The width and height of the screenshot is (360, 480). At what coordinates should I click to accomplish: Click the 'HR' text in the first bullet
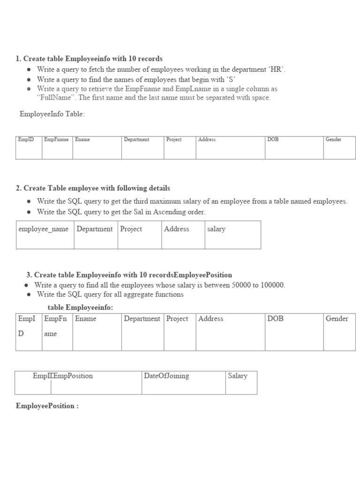[276, 69]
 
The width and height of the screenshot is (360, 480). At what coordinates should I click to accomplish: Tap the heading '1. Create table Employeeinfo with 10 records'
[89, 59]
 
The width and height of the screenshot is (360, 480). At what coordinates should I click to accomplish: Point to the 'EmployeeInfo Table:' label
[52, 114]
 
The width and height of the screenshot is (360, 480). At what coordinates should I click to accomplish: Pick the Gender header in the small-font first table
[333, 140]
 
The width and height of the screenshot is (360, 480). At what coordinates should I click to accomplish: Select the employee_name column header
[44, 229]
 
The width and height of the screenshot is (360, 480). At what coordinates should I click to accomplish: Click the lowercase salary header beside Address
[216, 229]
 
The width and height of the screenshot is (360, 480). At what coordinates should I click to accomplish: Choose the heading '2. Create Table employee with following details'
[93, 188]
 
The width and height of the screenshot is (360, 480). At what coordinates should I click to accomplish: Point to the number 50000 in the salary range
[241, 285]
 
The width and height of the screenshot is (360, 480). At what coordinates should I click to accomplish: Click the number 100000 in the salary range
[271, 285]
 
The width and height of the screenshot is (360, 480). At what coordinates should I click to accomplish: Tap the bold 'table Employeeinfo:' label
[80, 307]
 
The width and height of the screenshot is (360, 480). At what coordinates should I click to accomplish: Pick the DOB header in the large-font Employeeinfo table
[275, 319]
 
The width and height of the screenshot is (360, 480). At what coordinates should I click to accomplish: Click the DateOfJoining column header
[166, 376]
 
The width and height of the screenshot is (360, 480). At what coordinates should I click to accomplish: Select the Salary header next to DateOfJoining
[237, 376]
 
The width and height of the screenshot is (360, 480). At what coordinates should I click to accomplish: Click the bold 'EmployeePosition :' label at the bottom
[47, 406]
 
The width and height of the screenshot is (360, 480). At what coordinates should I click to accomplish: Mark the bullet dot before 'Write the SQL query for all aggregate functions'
[29, 295]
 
